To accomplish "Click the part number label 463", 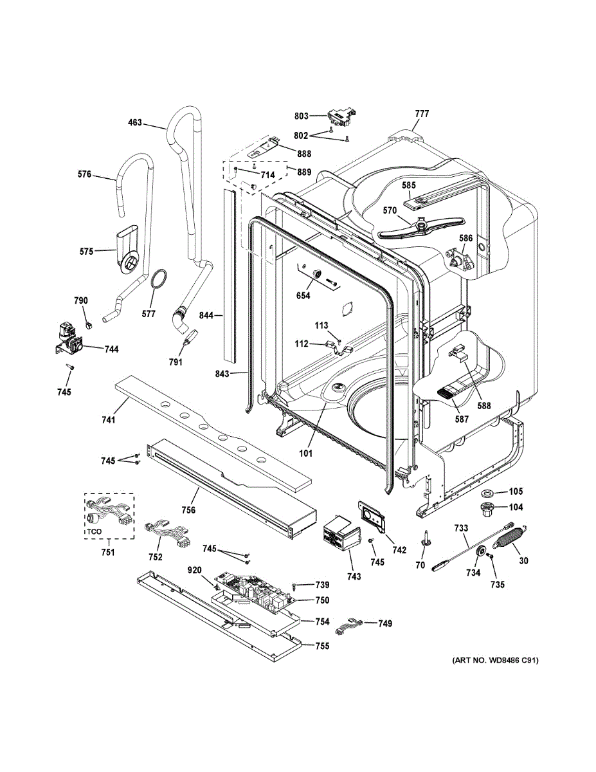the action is (135, 123).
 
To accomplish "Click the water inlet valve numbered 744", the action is (69, 338).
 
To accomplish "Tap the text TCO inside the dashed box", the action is (95, 532).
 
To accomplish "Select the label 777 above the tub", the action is (422, 114).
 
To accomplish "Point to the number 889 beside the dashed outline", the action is (304, 172).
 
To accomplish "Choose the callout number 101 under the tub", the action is (305, 453).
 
